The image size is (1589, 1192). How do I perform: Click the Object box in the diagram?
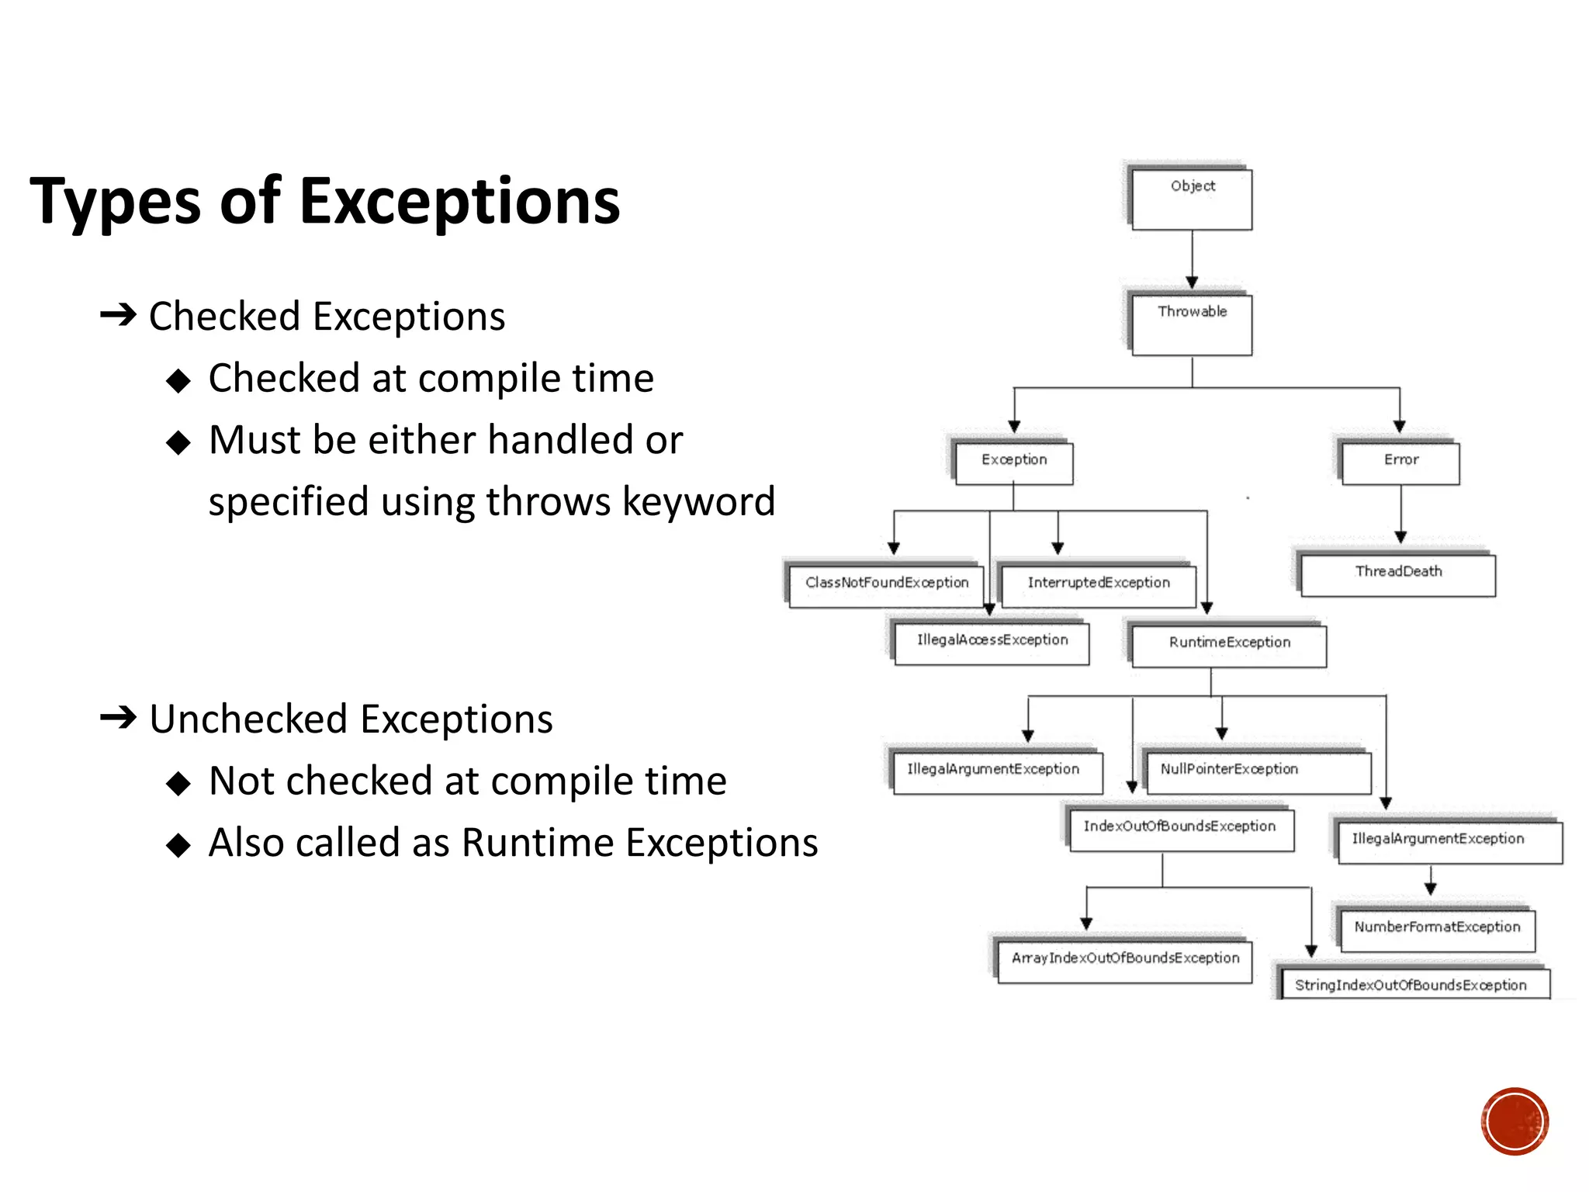(x=1192, y=199)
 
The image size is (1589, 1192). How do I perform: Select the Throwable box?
(x=1192, y=324)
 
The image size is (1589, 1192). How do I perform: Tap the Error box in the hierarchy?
(x=1400, y=463)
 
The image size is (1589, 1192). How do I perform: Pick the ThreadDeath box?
(x=1397, y=575)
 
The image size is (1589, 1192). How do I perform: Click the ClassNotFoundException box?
(x=886, y=586)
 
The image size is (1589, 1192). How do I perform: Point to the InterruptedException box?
(x=1098, y=586)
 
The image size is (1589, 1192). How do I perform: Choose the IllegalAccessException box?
(x=992, y=643)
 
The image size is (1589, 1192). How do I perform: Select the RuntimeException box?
(x=1229, y=646)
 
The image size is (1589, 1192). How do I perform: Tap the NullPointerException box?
(x=1258, y=772)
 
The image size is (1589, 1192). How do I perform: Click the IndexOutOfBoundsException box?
(x=1181, y=830)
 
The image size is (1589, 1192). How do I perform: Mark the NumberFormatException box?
(x=1437, y=930)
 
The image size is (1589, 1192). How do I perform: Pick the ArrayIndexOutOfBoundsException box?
(x=1124, y=962)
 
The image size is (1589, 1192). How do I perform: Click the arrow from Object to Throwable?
(x=1192, y=261)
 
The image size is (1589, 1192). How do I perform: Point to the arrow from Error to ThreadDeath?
(x=1400, y=515)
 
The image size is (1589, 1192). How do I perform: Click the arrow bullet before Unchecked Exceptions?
(x=118, y=717)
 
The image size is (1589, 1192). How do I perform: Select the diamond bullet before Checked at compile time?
(x=178, y=380)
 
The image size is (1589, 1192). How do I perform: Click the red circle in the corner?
(x=1515, y=1121)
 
